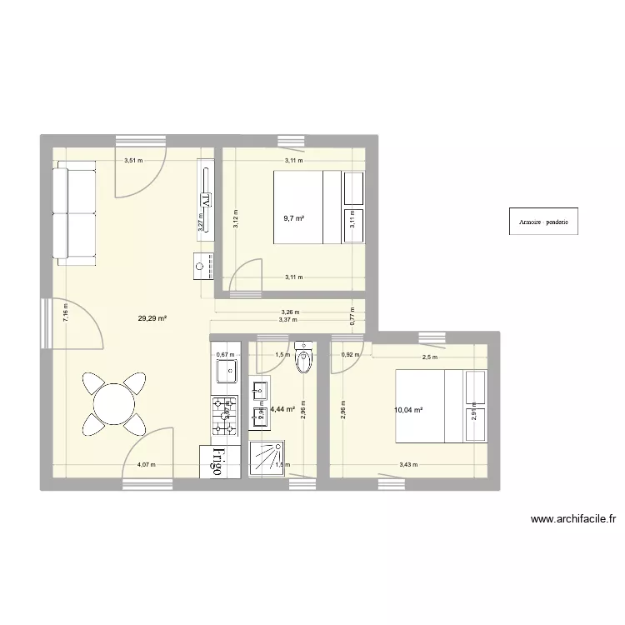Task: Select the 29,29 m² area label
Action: coord(153,317)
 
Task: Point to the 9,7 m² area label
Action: coord(293,218)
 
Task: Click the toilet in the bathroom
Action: coord(304,358)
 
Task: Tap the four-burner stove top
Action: coord(224,417)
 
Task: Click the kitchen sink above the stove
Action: coord(226,368)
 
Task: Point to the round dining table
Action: coord(112,405)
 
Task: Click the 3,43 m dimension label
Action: coord(409,466)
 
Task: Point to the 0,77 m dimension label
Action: coord(352,317)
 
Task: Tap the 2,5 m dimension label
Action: coord(429,357)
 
